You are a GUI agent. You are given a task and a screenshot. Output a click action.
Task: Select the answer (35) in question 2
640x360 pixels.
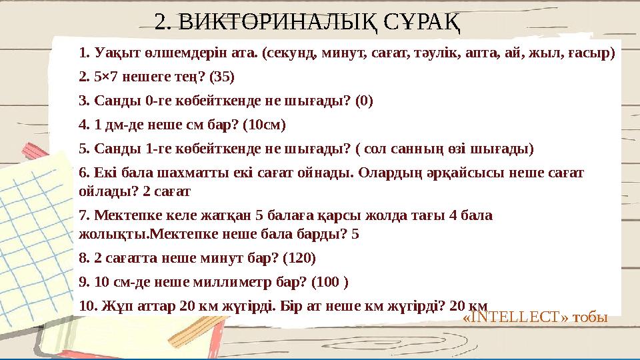click(222, 77)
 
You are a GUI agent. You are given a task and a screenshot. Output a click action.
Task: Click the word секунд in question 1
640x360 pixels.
click(288, 52)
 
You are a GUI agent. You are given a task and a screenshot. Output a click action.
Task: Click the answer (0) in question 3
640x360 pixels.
click(365, 101)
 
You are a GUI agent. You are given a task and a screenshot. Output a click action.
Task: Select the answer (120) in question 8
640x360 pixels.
click(299, 257)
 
